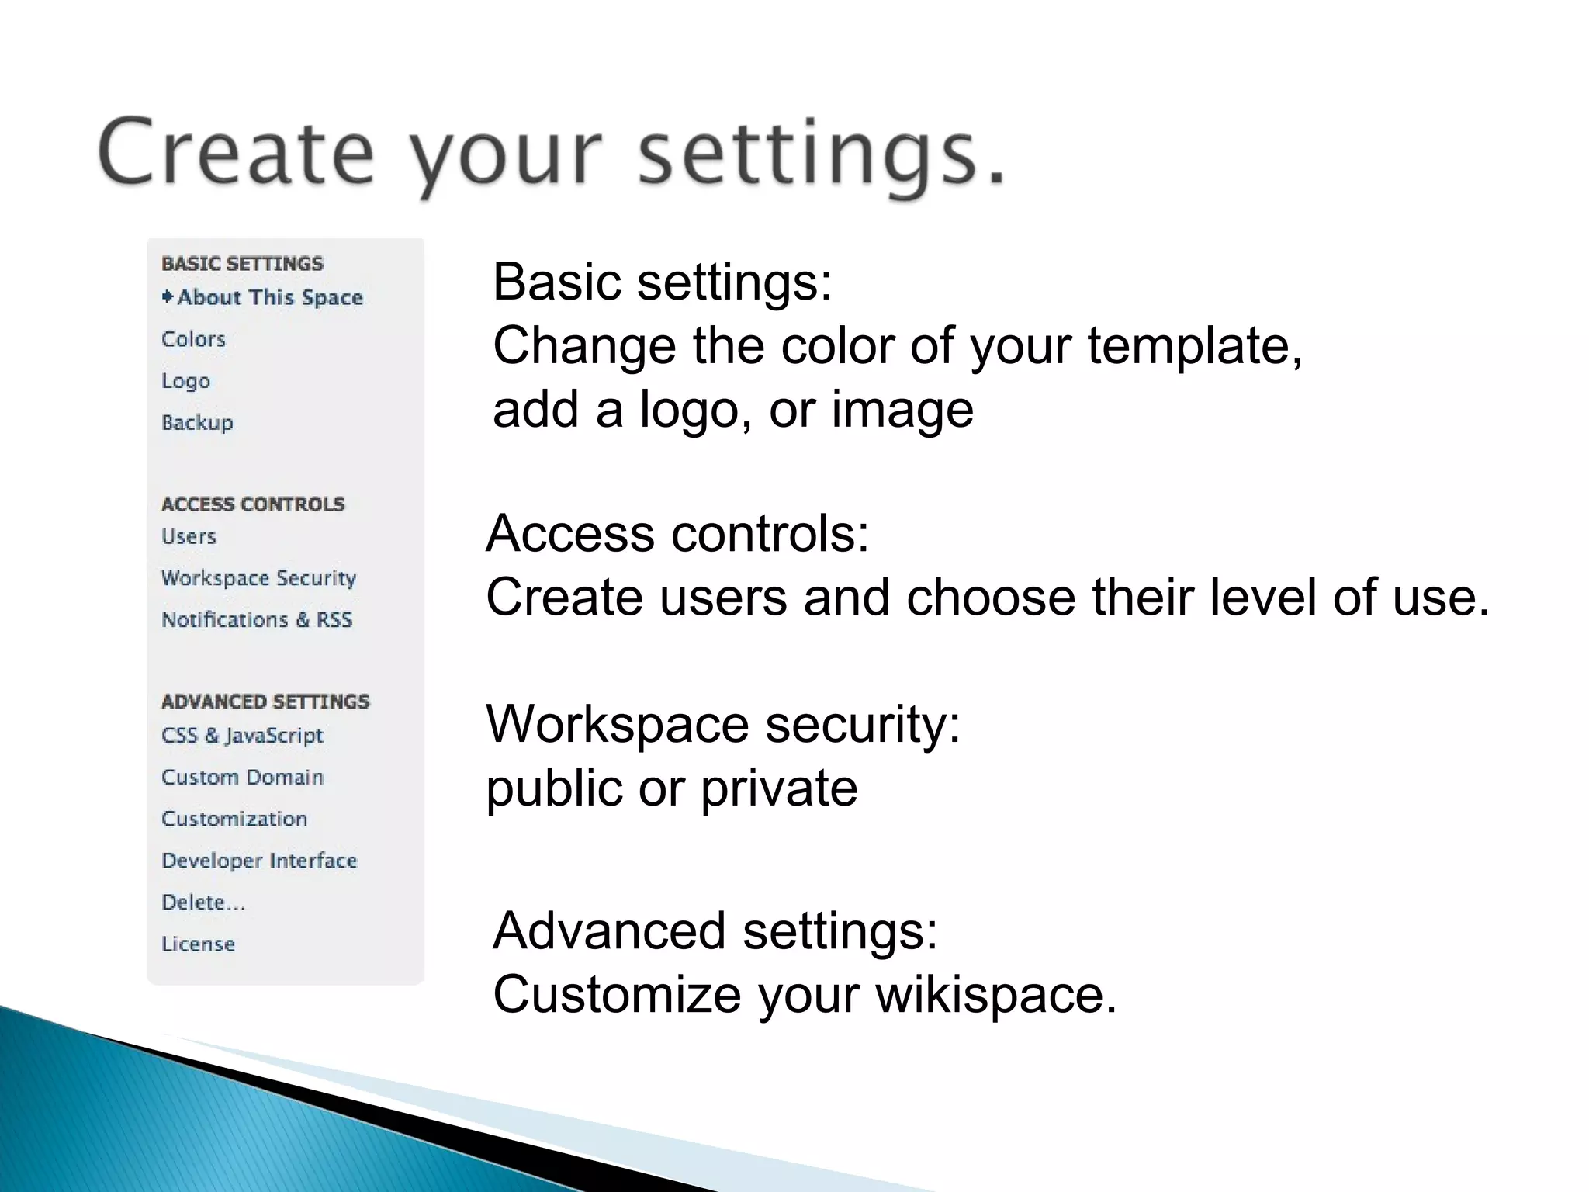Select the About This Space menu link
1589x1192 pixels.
coord(270,297)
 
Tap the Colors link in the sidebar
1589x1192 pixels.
coord(193,339)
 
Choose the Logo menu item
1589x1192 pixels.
coord(185,381)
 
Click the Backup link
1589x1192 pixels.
coord(197,423)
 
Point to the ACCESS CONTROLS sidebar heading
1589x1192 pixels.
coord(253,504)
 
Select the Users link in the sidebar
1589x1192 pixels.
coord(189,537)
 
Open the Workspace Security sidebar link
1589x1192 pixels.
coord(258,579)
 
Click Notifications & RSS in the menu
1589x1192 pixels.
coord(257,620)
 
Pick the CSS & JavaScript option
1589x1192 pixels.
coord(242,736)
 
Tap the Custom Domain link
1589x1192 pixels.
coord(242,778)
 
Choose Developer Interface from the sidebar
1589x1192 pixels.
coord(259,861)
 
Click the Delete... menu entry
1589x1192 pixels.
coord(203,903)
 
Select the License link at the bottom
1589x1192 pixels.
coord(198,944)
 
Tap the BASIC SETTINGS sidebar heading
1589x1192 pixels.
coord(242,264)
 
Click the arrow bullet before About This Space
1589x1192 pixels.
coord(168,296)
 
